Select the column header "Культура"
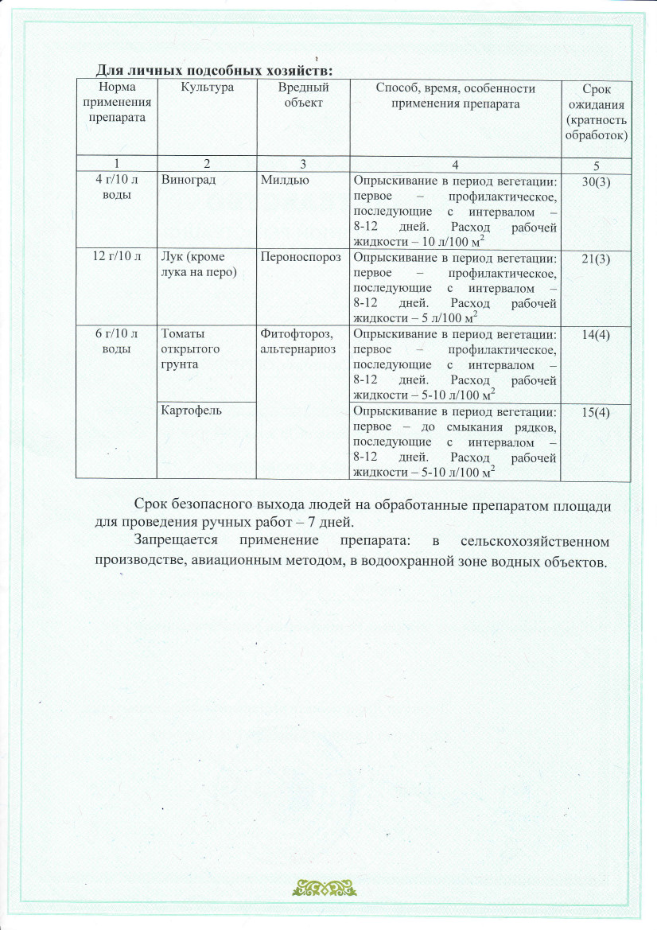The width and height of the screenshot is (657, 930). [x=206, y=88]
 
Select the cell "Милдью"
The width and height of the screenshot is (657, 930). [x=281, y=181]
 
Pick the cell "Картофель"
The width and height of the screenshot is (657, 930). [x=191, y=411]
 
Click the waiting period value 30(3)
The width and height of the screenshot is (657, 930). [x=596, y=181]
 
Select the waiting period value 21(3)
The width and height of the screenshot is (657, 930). [x=596, y=259]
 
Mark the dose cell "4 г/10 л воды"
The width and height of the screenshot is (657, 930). [x=117, y=187]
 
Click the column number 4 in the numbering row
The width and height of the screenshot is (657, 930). [x=455, y=164]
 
